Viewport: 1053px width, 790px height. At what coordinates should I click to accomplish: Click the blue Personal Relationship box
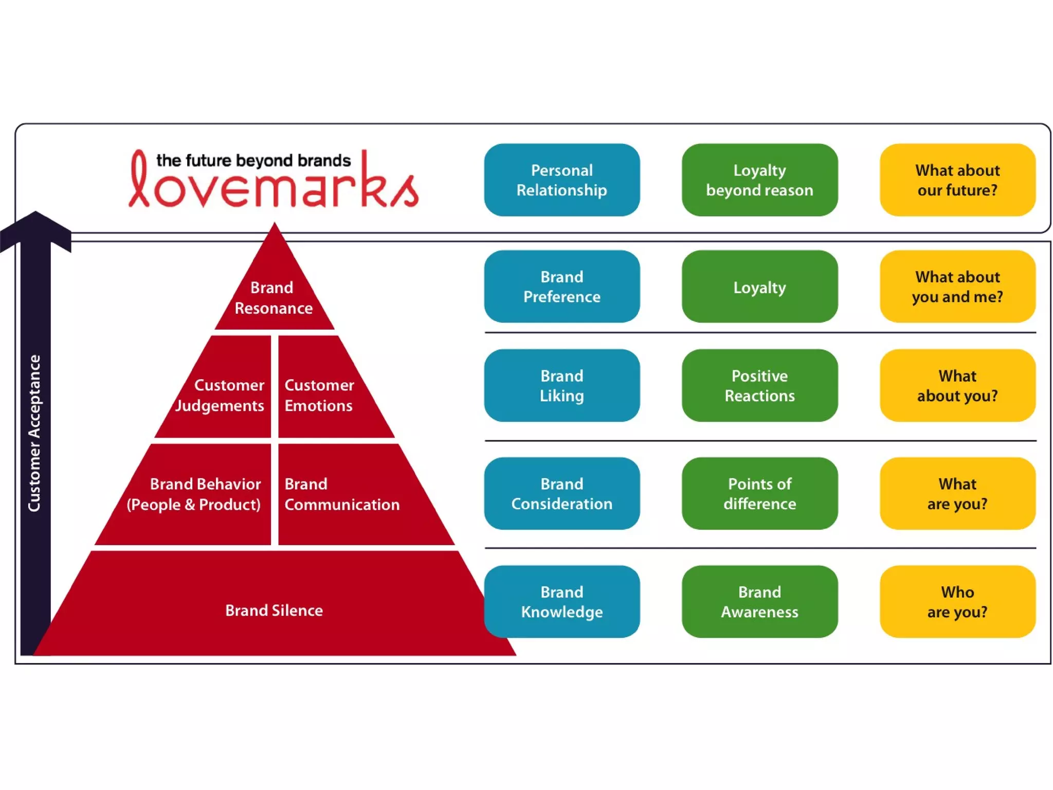click(561, 180)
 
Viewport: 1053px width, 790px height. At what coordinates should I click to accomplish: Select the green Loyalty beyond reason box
click(759, 180)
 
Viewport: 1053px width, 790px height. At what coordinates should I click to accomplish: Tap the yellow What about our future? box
click(957, 180)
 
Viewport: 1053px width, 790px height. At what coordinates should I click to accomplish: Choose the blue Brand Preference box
click(561, 286)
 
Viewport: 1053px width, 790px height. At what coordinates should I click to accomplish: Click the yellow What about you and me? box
click(957, 286)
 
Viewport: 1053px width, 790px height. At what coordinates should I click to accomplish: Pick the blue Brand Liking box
click(561, 385)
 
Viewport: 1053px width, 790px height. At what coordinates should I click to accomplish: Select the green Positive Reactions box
click(759, 385)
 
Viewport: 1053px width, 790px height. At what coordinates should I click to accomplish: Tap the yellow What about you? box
click(957, 385)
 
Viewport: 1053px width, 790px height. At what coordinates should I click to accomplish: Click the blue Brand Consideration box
click(561, 493)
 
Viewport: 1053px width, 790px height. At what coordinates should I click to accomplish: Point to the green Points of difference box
click(759, 493)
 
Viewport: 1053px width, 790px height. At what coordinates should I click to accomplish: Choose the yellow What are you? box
click(957, 493)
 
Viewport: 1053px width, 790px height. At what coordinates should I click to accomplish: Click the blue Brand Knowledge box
click(561, 602)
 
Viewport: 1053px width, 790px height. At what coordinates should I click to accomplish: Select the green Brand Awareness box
click(759, 602)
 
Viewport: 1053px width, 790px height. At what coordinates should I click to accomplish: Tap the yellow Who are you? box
click(957, 602)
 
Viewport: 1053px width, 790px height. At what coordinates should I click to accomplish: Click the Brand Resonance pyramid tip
click(274, 297)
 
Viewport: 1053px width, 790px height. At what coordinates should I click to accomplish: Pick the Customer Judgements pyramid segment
click(226, 395)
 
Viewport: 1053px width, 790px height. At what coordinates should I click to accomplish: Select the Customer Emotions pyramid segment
click(321, 395)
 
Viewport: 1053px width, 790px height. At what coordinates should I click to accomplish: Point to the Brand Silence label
click(274, 611)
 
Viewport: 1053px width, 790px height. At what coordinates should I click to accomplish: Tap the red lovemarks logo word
click(274, 188)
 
